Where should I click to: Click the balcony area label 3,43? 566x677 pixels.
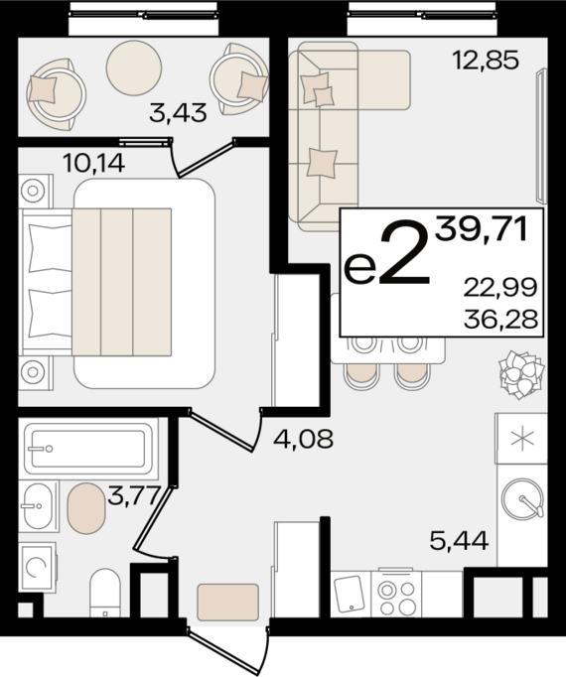178,113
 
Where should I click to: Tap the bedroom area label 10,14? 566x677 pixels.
93,163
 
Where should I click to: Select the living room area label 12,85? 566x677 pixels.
486,60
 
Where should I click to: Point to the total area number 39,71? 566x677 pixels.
482,229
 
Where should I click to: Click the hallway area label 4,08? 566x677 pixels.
304,439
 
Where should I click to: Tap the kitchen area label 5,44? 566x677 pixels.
460,541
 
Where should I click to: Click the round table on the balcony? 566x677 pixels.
134,68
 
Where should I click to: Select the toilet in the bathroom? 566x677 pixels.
105,593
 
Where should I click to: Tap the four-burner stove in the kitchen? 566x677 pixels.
396,594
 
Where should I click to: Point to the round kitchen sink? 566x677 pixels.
522,498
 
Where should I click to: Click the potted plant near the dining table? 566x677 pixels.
520,374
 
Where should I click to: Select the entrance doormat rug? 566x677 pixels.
228,602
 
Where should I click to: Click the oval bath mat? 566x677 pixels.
86,508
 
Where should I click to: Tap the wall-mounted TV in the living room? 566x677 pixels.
541,136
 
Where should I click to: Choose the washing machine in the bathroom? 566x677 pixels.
37,568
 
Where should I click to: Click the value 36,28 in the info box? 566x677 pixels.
500,320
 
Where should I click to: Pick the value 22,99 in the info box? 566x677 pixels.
500,288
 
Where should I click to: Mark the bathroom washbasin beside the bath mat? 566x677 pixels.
38,506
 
